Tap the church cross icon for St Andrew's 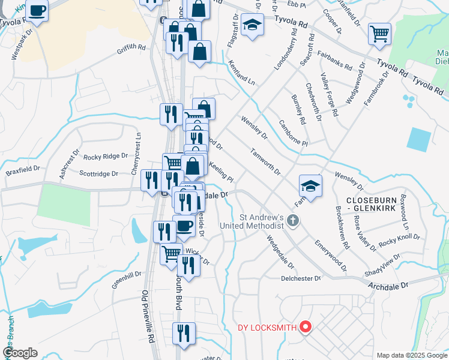(293, 220)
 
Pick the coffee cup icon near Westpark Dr (37, 10)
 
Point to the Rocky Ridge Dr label (106, 156)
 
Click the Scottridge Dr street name (99, 174)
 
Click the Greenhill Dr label (126, 280)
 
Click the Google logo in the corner (20, 353)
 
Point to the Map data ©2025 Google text (412, 355)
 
